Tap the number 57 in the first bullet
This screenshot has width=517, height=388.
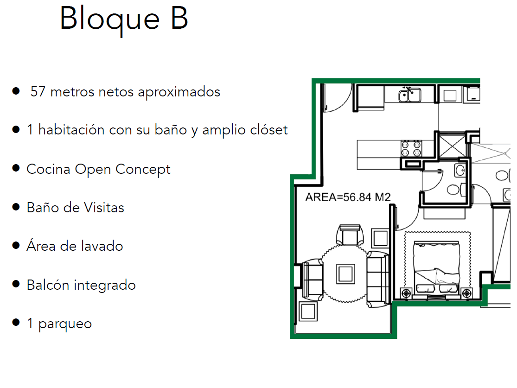[38, 92]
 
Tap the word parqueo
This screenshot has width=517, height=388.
[65, 324]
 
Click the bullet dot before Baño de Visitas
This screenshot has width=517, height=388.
[16, 206]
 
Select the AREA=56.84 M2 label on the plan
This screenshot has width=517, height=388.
[348, 197]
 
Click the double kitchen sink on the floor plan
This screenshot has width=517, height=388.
[409, 95]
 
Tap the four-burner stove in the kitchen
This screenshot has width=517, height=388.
[411, 148]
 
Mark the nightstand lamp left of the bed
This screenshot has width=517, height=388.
[407, 292]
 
